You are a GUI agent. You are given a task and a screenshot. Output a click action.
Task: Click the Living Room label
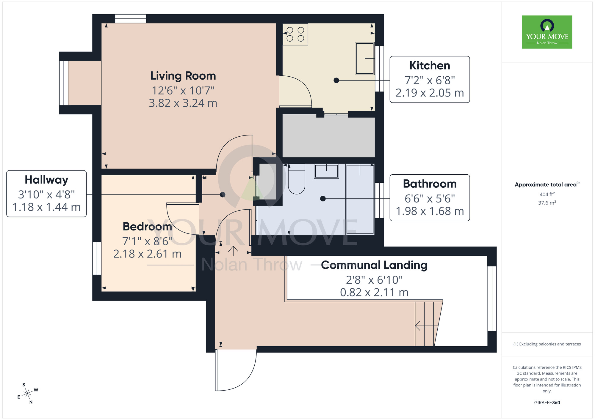[x=183, y=76]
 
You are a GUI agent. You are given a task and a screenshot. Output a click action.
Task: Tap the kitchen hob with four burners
[x=295, y=34]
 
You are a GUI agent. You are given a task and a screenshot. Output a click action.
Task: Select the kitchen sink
[x=365, y=58]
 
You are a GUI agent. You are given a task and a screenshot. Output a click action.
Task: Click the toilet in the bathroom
[x=296, y=181]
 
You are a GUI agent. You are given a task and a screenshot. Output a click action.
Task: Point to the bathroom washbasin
[x=326, y=171]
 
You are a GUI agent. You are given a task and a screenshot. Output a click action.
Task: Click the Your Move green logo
[x=547, y=32]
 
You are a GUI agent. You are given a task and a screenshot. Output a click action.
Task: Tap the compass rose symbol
[x=27, y=394]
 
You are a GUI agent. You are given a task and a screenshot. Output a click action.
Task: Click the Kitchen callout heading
[x=430, y=66]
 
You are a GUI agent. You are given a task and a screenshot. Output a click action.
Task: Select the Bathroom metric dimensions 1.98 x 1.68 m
[x=430, y=211]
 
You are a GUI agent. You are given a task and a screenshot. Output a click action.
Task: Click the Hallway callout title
[x=46, y=180]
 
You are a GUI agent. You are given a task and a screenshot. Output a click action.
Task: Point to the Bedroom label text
[x=147, y=227]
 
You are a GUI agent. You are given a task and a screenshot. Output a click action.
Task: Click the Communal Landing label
[x=374, y=265]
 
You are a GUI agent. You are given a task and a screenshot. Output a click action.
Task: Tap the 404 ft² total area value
[x=547, y=194]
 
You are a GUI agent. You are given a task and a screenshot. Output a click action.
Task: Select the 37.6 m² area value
[x=547, y=203]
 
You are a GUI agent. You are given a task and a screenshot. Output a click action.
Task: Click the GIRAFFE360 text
[x=547, y=402]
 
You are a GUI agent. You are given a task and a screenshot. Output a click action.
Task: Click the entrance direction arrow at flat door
[x=233, y=251]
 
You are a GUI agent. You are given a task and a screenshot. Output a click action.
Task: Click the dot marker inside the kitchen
[x=336, y=80]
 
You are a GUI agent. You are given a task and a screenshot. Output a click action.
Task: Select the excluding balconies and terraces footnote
[x=547, y=344]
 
